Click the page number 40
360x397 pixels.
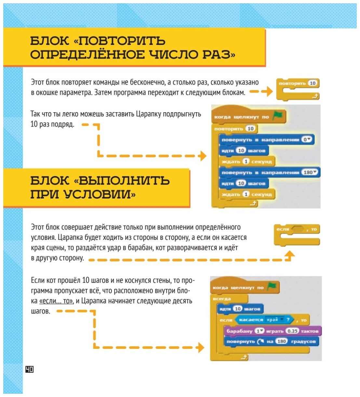click(29, 369)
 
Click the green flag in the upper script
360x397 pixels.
click(278, 116)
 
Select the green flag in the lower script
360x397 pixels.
click(272, 286)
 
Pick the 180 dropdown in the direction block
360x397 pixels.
click(310, 172)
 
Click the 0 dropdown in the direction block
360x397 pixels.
click(307, 139)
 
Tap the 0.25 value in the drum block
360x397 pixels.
click(292, 331)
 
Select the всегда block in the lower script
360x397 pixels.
click(222, 298)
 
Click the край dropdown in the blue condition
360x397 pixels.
click(274, 320)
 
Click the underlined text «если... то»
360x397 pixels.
click(56, 301)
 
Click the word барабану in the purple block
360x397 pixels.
click(239, 331)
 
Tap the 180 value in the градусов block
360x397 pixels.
click(282, 341)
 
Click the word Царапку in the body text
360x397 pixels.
click(149, 114)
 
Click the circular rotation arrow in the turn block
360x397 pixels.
click(260, 341)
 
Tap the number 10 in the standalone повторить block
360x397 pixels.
click(313, 83)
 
